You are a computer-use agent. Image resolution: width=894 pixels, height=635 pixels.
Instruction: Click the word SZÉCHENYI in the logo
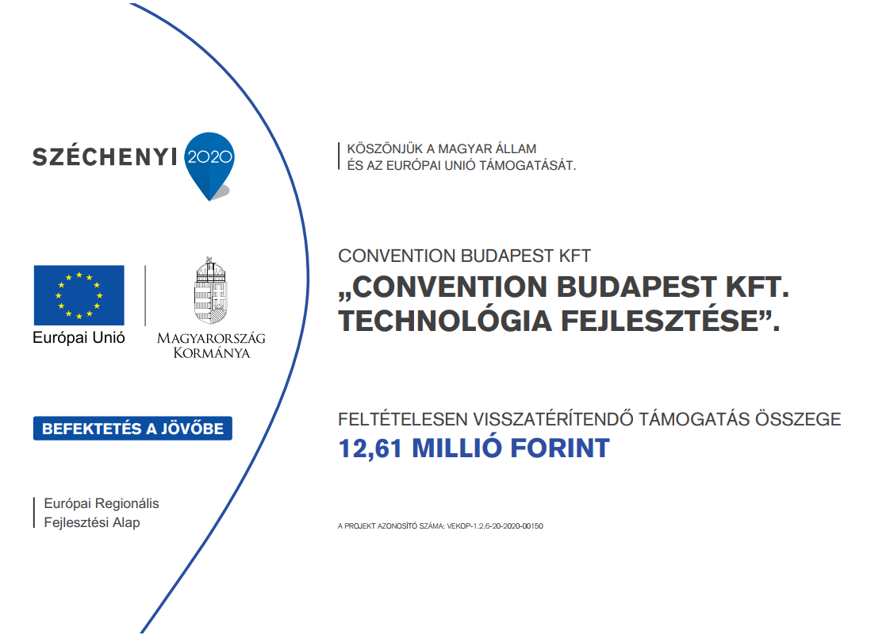(x=105, y=156)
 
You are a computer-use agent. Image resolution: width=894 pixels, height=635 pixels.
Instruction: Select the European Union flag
(x=79, y=295)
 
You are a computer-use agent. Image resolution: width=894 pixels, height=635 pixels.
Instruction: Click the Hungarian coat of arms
(x=211, y=291)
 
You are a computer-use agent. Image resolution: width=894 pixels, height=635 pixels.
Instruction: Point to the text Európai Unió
(x=79, y=338)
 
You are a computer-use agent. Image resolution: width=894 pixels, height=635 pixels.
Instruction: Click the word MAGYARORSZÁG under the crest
(x=211, y=338)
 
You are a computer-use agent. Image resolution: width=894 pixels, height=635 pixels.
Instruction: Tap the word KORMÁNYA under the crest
(x=212, y=353)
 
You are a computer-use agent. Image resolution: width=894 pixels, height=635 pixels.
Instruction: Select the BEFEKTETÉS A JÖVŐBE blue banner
(x=132, y=429)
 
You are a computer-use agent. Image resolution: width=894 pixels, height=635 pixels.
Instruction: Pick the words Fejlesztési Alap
(x=92, y=522)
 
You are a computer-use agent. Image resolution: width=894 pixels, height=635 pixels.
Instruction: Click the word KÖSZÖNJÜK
(x=385, y=148)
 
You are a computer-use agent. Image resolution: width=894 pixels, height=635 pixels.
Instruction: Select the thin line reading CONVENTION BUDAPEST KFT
(x=464, y=256)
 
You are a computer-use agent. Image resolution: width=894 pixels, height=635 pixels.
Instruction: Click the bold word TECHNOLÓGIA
(x=445, y=320)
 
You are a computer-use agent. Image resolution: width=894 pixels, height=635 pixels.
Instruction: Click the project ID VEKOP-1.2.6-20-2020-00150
(x=495, y=526)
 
